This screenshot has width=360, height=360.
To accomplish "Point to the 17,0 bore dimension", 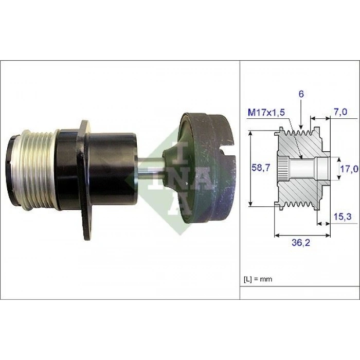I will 348,169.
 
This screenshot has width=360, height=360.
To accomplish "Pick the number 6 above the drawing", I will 300,94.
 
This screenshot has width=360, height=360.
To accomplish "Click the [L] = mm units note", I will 258,279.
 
